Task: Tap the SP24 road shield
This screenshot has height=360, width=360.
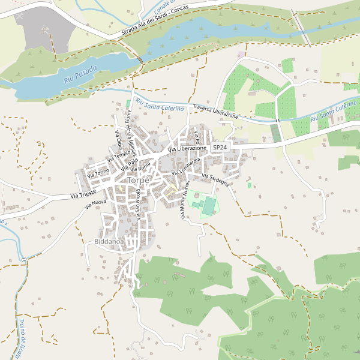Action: pos(220,147)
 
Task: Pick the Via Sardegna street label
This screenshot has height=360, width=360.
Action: pos(215,179)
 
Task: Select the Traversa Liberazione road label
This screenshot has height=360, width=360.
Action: pos(215,112)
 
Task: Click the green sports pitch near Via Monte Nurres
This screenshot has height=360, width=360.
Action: pos(208,206)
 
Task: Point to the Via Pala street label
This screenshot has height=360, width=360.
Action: pos(130,163)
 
